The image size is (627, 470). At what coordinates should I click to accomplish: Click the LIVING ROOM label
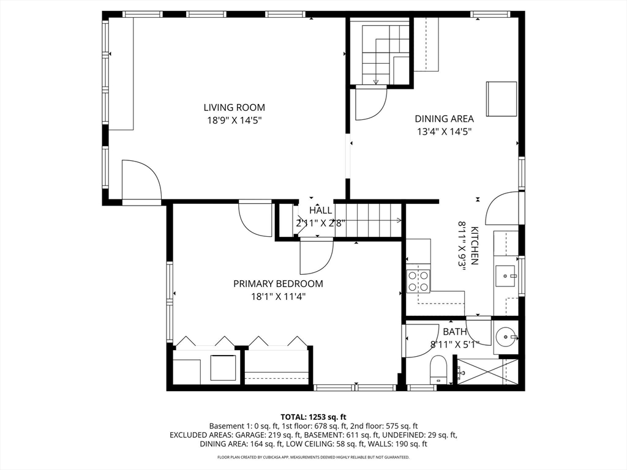click(x=234, y=108)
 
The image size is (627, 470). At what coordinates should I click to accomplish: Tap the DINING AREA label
click(x=444, y=119)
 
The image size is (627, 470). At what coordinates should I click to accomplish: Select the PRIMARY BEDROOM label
click(x=278, y=284)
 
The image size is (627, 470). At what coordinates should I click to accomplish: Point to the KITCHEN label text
click(x=475, y=246)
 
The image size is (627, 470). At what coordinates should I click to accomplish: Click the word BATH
click(x=455, y=332)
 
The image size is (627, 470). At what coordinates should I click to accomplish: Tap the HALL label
click(x=320, y=211)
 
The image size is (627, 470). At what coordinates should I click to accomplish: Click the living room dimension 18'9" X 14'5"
click(x=234, y=121)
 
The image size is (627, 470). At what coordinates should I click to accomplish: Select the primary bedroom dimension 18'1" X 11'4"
click(x=278, y=297)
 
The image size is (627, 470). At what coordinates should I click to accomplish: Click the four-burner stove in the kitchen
click(x=418, y=282)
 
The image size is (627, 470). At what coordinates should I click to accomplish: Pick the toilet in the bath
click(x=438, y=370)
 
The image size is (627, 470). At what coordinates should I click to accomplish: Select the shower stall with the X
click(x=487, y=372)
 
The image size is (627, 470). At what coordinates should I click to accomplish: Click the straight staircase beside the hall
click(x=368, y=220)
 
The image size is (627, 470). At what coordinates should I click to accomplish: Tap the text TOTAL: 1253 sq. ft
click(x=313, y=417)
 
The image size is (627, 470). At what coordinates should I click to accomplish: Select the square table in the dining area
click(x=501, y=99)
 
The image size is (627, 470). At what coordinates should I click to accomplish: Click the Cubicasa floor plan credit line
click(x=313, y=457)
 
